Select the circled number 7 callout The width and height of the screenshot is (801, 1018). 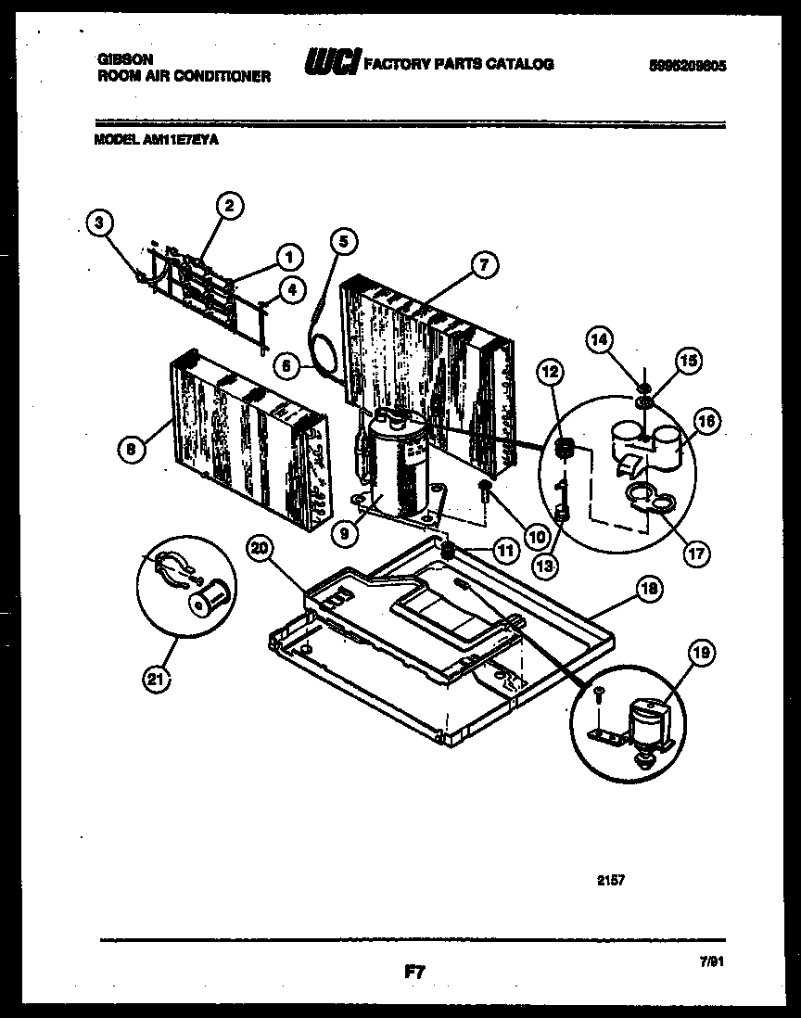pyautogui.click(x=483, y=265)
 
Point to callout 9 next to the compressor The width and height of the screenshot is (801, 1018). pyautogui.click(x=345, y=533)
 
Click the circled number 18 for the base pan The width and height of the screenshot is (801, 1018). pyautogui.click(x=649, y=588)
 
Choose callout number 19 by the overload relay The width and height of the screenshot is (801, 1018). pyautogui.click(x=701, y=653)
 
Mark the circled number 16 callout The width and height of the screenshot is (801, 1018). pyautogui.click(x=706, y=421)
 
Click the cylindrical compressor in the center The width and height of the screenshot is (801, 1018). pyautogui.click(x=399, y=464)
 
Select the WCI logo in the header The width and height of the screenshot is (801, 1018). pyautogui.click(x=331, y=64)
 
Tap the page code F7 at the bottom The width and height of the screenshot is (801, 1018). pyautogui.click(x=413, y=973)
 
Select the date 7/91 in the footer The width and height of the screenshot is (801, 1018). pyautogui.click(x=712, y=963)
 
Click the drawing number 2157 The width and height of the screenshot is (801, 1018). pyautogui.click(x=611, y=880)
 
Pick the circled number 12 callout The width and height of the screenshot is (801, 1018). pyautogui.click(x=550, y=372)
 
